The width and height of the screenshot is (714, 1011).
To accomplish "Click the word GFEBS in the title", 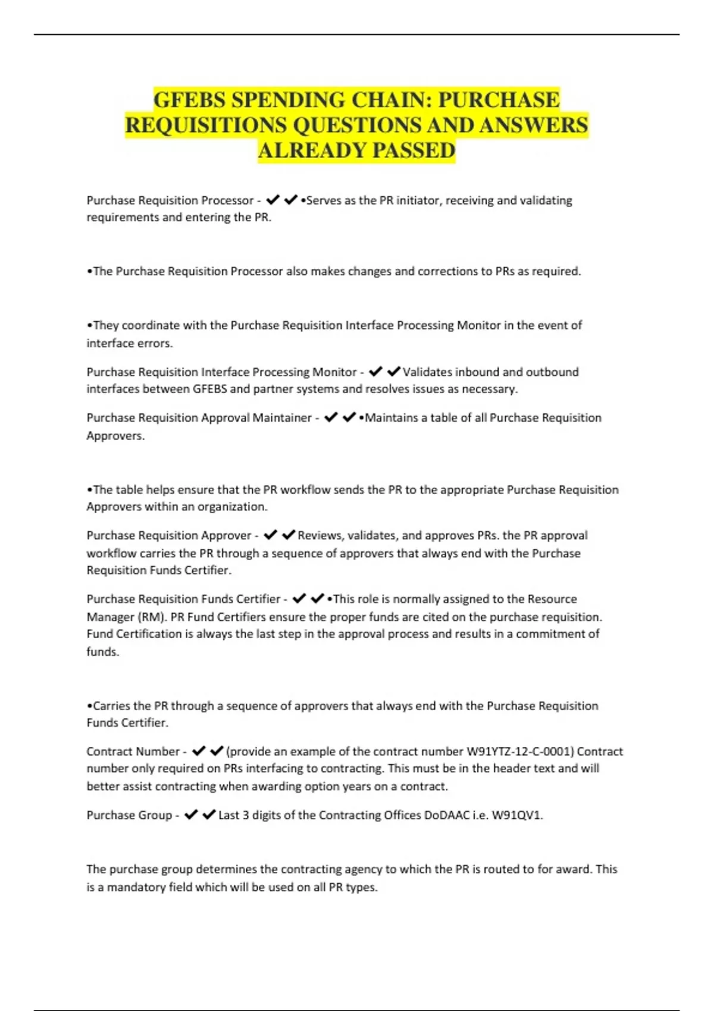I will click(x=190, y=100).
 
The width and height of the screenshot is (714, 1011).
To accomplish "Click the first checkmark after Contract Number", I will click(x=199, y=751).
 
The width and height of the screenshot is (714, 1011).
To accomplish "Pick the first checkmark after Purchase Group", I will click(x=191, y=815).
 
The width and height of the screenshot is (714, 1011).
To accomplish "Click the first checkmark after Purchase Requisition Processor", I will click(x=273, y=200).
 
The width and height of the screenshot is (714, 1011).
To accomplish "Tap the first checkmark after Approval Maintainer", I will click(x=331, y=417).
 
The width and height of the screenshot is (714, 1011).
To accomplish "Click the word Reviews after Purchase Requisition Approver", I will click(x=320, y=535).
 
